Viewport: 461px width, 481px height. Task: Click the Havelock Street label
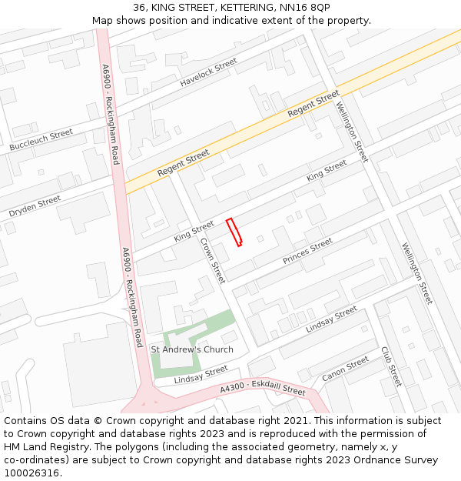click(x=209, y=72)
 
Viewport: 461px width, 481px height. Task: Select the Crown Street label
click(x=212, y=260)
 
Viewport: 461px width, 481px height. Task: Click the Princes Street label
click(x=307, y=251)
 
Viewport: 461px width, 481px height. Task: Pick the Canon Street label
click(x=346, y=369)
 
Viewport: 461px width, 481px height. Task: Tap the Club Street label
click(x=391, y=366)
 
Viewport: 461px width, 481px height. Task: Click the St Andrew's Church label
click(x=192, y=349)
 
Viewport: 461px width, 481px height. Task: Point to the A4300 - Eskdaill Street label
click(x=263, y=389)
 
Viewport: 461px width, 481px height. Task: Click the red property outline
click(x=234, y=232)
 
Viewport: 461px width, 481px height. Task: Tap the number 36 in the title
click(x=140, y=8)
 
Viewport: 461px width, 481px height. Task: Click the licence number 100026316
click(x=32, y=473)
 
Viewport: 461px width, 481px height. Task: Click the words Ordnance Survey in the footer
click(x=400, y=460)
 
